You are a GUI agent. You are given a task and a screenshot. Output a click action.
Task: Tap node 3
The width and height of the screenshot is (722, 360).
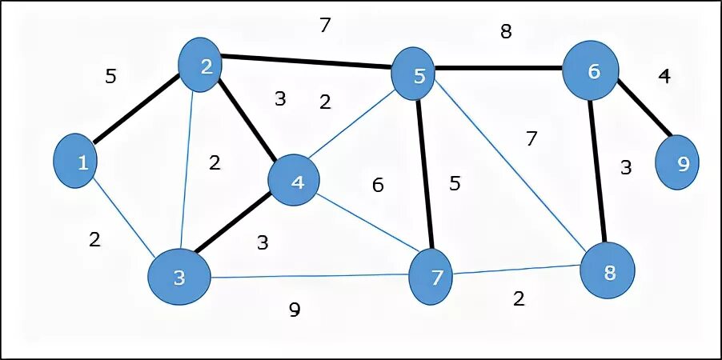pyautogui.click(x=178, y=277)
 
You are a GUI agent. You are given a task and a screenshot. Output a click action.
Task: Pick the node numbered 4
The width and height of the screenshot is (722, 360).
pyautogui.click(x=297, y=182)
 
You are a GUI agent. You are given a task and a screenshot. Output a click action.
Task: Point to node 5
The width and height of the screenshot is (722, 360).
pyautogui.click(x=418, y=75)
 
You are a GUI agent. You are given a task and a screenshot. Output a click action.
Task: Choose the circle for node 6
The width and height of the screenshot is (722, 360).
pyautogui.click(x=592, y=70)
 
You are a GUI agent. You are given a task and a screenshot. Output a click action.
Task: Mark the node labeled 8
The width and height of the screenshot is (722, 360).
pyautogui.click(x=609, y=271)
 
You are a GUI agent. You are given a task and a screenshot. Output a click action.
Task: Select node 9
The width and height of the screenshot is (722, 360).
pyautogui.click(x=681, y=164)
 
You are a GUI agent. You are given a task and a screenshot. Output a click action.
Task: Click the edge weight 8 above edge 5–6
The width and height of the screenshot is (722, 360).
pyautogui.click(x=505, y=32)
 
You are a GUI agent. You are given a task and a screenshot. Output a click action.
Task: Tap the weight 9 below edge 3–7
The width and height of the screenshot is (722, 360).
pyautogui.click(x=295, y=310)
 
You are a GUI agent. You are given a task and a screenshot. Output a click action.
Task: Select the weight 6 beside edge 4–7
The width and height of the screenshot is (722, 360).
pyautogui.click(x=378, y=186)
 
